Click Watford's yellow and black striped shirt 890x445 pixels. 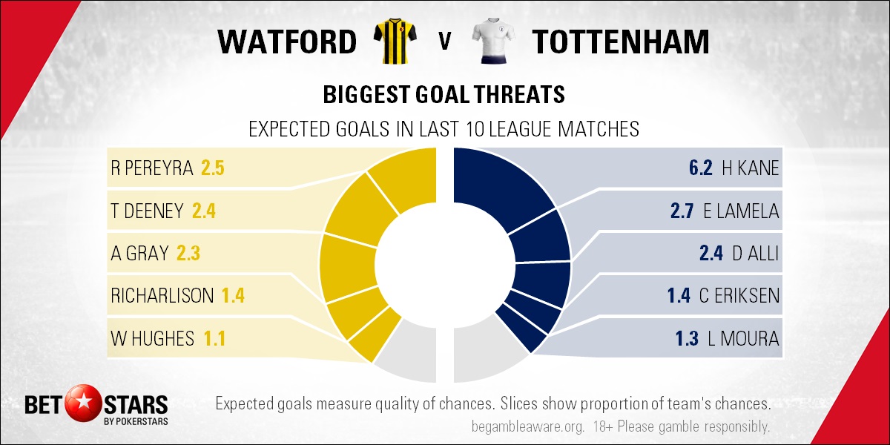[395, 41]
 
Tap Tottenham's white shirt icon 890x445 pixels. [493, 41]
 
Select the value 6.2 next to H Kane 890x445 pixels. [700, 168]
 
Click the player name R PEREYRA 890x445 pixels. [152, 168]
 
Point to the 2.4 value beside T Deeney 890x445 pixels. [204, 211]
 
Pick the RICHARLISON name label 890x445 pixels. [162, 296]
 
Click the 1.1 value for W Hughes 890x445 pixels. [214, 338]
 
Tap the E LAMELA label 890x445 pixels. [741, 211]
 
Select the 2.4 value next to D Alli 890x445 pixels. [711, 253]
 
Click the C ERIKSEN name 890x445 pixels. [739, 296]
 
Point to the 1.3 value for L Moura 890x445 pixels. [687, 338]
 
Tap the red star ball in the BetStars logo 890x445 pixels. [83, 403]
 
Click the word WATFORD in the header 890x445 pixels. [287, 42]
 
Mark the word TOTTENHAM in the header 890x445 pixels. [621, 42]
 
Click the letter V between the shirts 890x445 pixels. [444, 42]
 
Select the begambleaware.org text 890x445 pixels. [528, 427]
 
